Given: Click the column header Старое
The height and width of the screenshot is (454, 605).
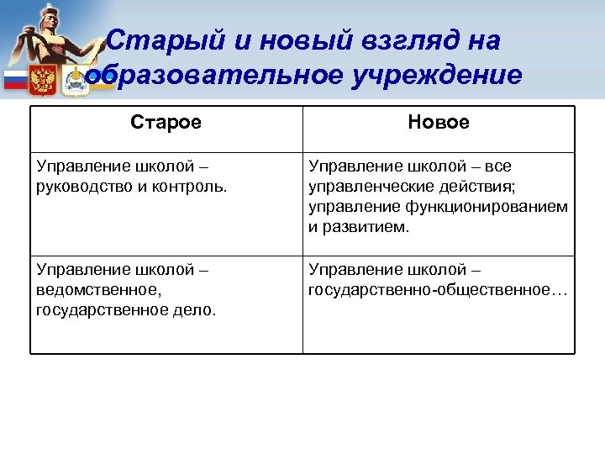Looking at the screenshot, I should pyautogui.click(x=166, y=123).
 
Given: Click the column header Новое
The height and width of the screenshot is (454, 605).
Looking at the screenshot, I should pyautogui.click(x=439, y=123).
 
